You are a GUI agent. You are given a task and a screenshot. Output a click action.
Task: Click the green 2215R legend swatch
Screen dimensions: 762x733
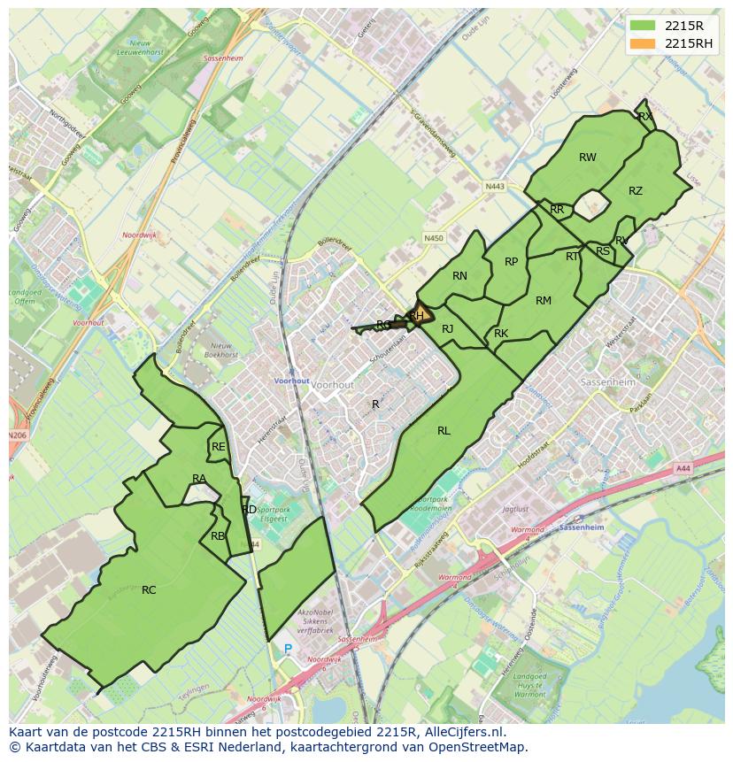(x=644, y=26)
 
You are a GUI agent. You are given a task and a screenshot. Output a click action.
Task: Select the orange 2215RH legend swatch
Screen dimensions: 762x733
(x=644, y=43)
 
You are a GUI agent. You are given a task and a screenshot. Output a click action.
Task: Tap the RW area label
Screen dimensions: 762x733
(x=587, y=158)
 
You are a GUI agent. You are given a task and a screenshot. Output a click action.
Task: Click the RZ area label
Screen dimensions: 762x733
(x=635, y=191)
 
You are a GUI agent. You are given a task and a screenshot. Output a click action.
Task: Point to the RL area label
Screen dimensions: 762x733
(x=444, y=431)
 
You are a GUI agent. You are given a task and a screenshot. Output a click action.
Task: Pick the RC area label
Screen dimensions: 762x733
(x=149, y=589)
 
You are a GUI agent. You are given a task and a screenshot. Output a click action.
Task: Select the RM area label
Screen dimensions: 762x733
(x=543, y=301)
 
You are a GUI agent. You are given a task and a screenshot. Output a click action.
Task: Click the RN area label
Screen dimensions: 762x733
(x=459, y=276)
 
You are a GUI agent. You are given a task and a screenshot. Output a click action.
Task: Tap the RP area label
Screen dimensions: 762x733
(x=511, y=262)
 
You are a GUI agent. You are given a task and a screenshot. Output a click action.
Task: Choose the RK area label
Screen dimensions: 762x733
(x=501, y=334)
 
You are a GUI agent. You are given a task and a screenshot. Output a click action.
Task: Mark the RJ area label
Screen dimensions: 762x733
(x=447, y=329)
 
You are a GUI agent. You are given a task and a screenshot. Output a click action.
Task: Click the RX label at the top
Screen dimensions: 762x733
(x=644, y=116)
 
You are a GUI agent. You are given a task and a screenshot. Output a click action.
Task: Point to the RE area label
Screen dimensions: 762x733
(x=218, y=447)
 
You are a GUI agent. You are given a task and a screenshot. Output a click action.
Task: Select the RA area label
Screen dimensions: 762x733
(x=199, y=479)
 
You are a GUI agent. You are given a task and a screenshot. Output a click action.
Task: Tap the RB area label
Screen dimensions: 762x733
(x=218, y=535)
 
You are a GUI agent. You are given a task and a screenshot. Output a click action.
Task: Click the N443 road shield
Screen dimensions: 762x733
(x=494, y=187)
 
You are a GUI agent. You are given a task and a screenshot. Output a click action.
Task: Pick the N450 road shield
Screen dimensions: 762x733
(x=433, y=238)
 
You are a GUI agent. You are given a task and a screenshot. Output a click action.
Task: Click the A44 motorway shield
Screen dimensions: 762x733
(x=682, y=468)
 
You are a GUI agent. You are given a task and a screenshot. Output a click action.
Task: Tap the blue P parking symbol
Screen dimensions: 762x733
(x=287, y=649)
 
